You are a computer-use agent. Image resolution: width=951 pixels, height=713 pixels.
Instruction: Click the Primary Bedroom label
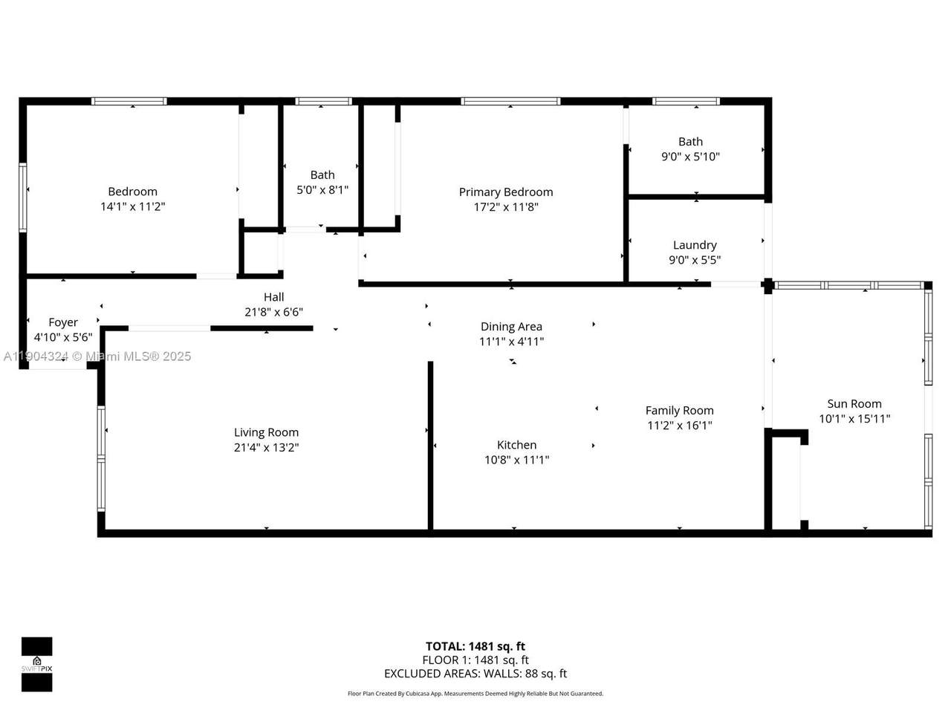pos(505,192)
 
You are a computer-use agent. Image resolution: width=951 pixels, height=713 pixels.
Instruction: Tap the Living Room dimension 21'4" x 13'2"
pos(266,447)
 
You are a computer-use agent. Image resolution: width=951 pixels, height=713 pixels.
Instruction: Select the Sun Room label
pos(854,403)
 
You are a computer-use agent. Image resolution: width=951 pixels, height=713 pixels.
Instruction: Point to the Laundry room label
pos(695,244)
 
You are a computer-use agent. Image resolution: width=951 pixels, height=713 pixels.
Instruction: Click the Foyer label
pos(63,322)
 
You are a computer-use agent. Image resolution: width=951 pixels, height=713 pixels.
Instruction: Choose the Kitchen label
pos(516,445)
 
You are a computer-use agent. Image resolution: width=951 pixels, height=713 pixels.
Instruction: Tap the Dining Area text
pos(511,326)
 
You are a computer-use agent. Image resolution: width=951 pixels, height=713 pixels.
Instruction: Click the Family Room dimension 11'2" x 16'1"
pos(679,425)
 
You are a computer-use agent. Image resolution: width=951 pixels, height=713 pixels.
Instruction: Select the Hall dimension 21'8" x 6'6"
pos(273,312)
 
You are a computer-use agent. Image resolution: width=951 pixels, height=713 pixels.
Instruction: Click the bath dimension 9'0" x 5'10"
pos(690,156)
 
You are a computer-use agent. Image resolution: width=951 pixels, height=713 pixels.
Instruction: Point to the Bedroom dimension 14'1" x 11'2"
pos(132,206)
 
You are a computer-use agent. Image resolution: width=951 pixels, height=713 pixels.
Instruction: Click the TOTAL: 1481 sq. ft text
pos(475,646)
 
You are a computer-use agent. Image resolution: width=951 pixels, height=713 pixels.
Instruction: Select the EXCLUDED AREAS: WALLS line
pos(475,674)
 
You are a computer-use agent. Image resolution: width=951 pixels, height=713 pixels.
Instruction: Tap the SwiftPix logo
pos(36,663)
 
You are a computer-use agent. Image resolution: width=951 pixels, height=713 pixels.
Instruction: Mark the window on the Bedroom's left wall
pos(23,198)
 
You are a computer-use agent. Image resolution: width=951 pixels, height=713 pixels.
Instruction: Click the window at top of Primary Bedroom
pos(510,101)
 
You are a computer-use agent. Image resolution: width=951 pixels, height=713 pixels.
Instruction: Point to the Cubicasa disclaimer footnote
pos(475,694)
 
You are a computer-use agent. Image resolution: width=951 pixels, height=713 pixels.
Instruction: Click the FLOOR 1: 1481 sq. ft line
pos(475,660)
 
